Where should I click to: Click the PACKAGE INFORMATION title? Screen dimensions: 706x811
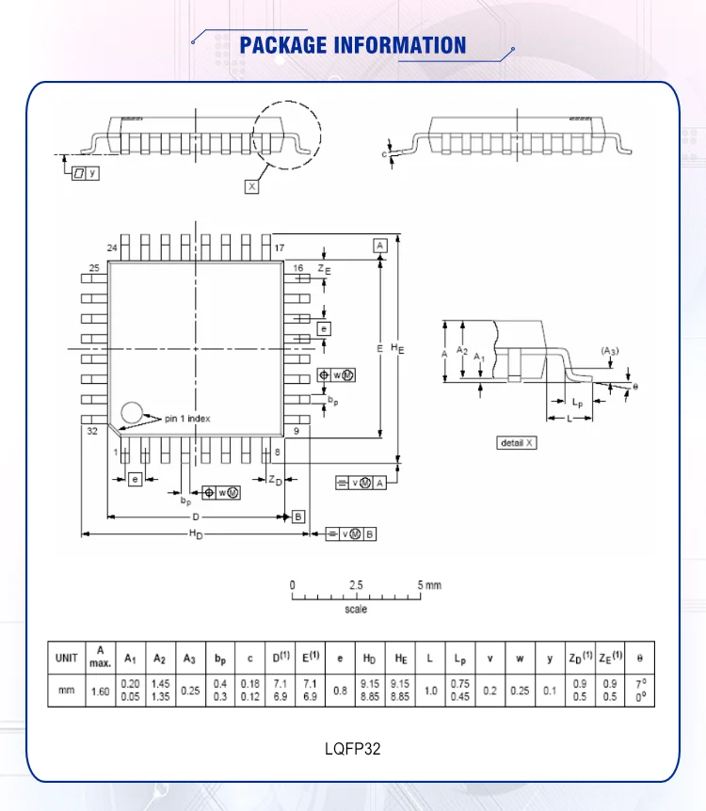click(x=352, y=45)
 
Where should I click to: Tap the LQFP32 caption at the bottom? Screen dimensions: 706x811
click(x=352, y=748)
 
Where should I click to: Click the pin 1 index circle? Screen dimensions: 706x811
click(x=132, y=413)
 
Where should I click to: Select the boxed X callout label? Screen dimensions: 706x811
click(x=251, y=186)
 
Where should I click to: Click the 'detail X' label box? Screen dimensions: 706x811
click(x=517, y=443)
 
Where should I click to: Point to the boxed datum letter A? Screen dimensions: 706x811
click(x=380, y=246)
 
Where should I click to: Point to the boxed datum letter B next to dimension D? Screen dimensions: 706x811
click(x=298, y=517)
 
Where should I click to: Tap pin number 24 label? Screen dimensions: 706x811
click(x=112, y=248)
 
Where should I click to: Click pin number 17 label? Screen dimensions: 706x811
click(x=280, y=248)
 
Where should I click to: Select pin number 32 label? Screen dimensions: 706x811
click(x=92, y=431)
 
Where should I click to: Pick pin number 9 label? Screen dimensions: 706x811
click(x=297, y=431)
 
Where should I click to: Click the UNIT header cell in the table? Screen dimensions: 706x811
click(x=66, y=658)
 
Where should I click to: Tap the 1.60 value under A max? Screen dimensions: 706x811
click(x=101, y=691)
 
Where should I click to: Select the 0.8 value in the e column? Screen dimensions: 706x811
click(x=340, y=691)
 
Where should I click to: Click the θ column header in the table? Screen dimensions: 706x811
click(x=640, y=658)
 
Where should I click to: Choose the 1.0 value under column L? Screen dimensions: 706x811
click(x=430, y=691)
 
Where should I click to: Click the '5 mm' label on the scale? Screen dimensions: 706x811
click(x=429, y=585)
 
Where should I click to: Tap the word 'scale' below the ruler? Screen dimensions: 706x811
click(x=356, y=610)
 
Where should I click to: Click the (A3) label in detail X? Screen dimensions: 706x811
click(x=610, y=351)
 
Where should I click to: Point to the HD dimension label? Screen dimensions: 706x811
click(x=196, y=534)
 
